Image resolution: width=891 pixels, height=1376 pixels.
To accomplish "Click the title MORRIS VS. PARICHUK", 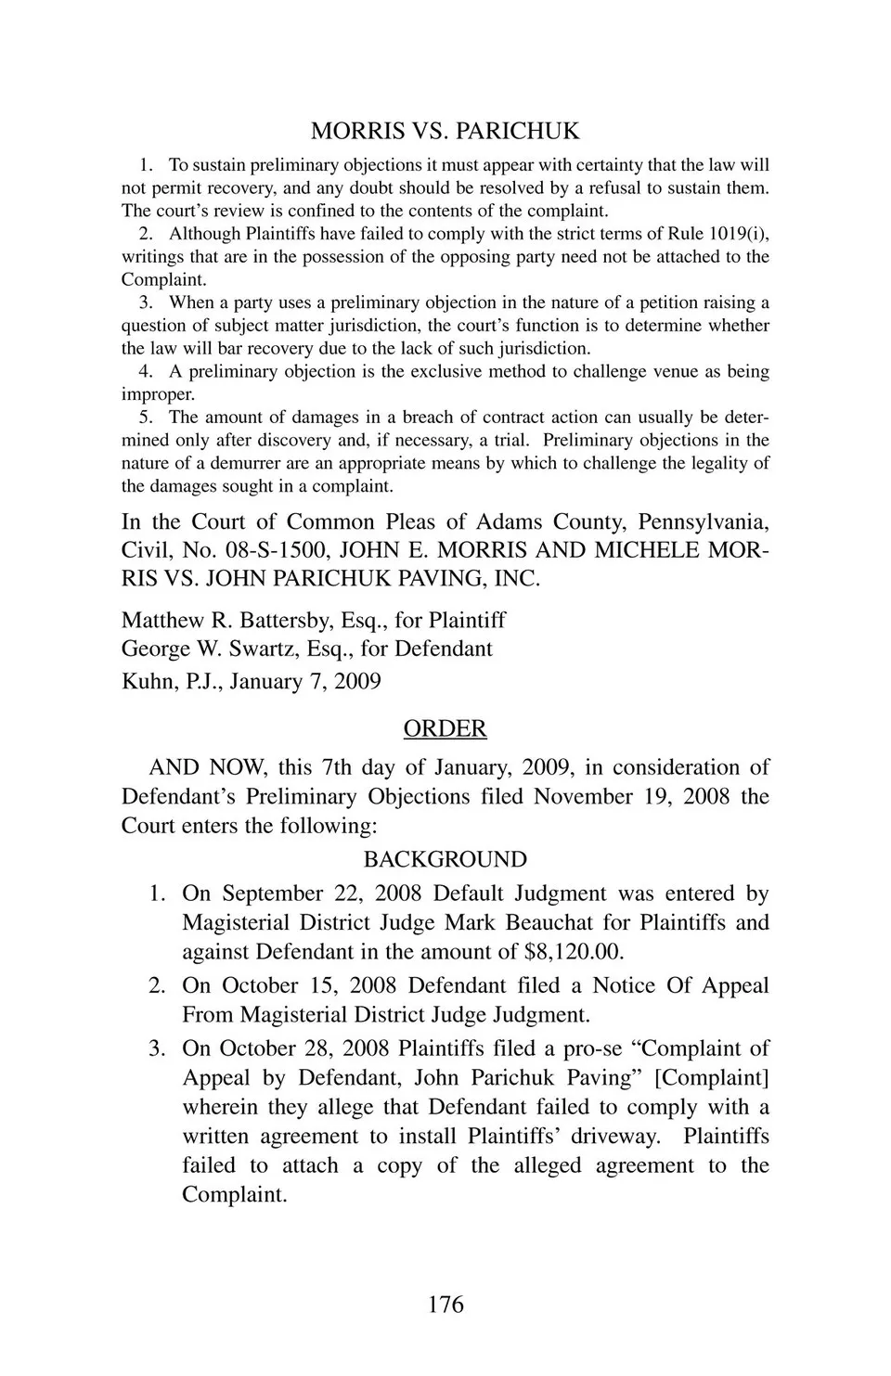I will click(x=445, y=131).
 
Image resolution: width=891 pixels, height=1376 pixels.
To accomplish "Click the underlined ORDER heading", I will click(x=445, y=729).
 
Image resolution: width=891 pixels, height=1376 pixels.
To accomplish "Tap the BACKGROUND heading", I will click(x=445, y=859).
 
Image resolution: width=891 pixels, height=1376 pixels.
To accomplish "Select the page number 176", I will click(x=445, y=1305).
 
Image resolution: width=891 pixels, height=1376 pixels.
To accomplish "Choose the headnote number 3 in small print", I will click(x=145, y=302).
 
